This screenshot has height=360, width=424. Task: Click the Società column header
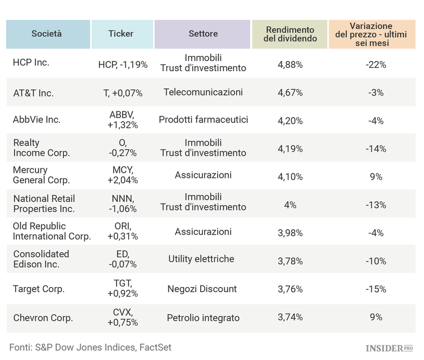tap(47, 34)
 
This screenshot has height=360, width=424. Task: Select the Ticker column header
tap(121, 34)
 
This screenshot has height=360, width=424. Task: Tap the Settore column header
tap(203, 34)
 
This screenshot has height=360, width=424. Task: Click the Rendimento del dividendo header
tap(289, 34)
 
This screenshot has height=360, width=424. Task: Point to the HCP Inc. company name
tap(31, 63)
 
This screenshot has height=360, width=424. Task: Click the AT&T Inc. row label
tap(33, 93)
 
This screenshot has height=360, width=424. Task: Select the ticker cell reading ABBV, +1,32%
tap(123, 120)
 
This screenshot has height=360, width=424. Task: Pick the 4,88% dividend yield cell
tap(290, 64)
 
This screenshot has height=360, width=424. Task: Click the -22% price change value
tap(376, 64)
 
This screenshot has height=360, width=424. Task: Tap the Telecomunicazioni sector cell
tap(203, 92)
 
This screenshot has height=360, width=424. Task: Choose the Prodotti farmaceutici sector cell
tap(203, 120)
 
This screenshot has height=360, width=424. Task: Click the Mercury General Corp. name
tap(41, 175)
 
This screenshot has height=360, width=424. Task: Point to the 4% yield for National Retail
tap(290, 205)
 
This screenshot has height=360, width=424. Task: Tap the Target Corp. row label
tap(38, 289)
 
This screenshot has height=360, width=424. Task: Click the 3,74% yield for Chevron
tap(290, 318)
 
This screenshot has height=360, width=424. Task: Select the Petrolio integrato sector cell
tap(203, 318)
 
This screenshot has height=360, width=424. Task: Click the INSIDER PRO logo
tap(390, 348)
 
